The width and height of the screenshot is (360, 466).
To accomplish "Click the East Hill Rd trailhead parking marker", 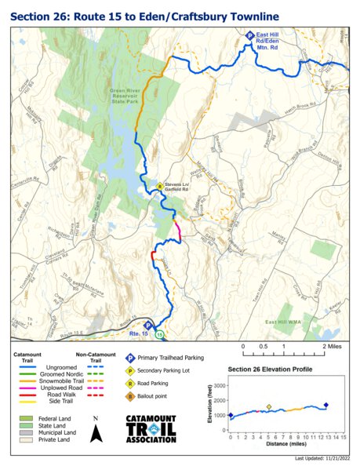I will click(x=249, y=35).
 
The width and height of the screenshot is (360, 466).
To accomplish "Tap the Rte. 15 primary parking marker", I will click(x=147, y=325).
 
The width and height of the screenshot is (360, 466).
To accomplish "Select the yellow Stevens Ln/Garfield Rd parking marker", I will click(x=159, y=187).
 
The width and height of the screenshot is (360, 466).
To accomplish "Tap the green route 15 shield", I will click(x=160, y=334).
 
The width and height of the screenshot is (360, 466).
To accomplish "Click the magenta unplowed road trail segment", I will click(x=178, y=231).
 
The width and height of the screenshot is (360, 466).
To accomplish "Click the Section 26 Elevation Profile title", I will click(x=270, y=369).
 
